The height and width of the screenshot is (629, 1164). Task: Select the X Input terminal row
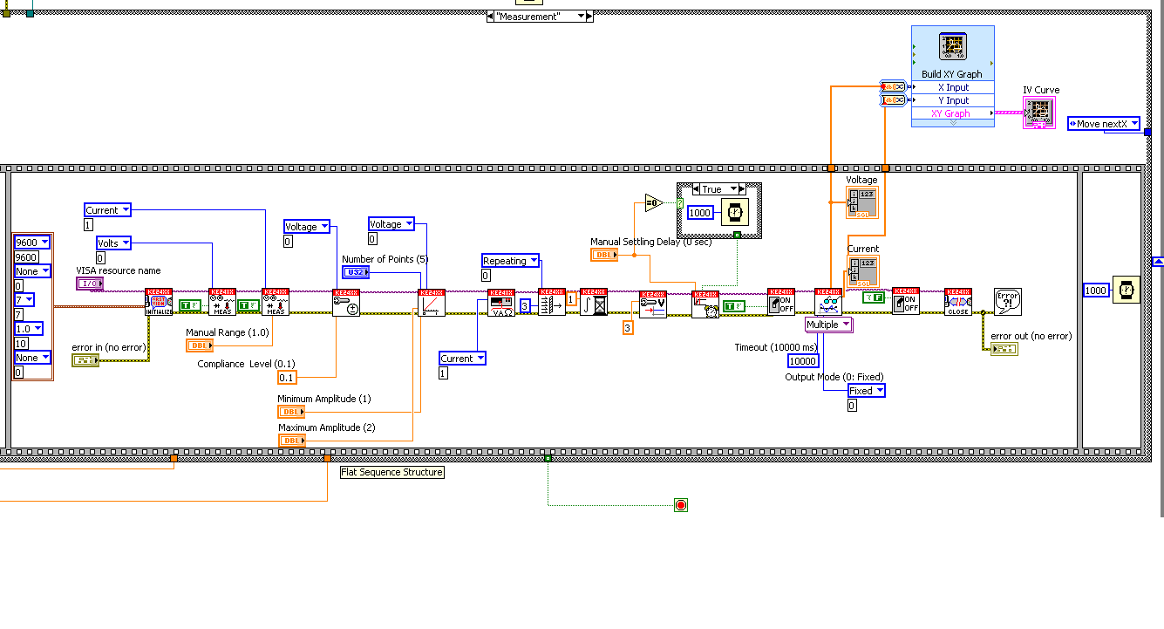(952, 87)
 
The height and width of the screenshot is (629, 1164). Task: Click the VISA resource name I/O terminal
(89, 284)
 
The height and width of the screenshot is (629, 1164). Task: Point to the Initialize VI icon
(159, 302)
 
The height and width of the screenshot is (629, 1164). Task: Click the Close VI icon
(958, 302)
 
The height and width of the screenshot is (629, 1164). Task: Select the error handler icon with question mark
(1008, 301)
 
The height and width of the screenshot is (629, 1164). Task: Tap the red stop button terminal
(681, 505)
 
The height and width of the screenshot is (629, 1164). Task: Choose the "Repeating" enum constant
(511, 261)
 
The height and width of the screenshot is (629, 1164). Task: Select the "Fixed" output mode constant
(867, 391)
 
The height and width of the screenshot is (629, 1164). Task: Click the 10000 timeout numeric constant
(803, 361)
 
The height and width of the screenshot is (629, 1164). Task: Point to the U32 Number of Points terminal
(354, 272)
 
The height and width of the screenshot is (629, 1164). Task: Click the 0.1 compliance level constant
(287, 378)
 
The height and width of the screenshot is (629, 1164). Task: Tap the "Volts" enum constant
(113, 243)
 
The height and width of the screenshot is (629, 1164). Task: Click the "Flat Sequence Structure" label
(391, 472)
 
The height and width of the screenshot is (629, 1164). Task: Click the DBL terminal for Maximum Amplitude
(291, 441)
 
